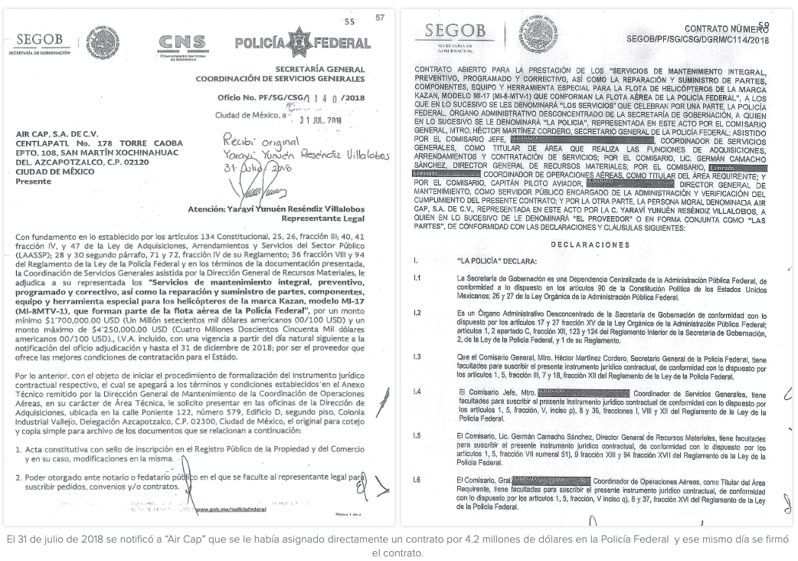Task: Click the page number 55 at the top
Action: pyautogui.click(x=350, y=21)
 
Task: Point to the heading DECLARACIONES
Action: pyautogui.click(x=594, y=244)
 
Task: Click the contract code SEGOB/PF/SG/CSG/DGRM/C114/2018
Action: pyautogui.click(x=698, y=39)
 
